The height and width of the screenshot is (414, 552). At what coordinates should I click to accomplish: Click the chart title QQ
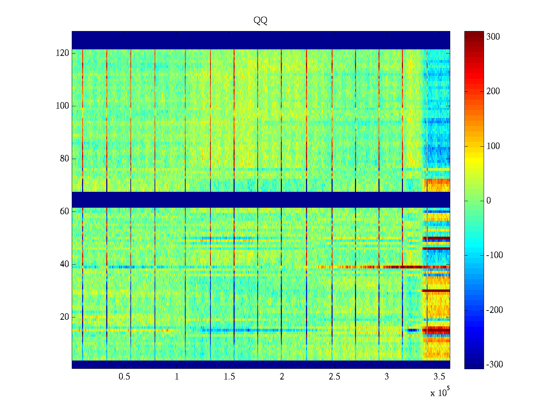tap(260, 21)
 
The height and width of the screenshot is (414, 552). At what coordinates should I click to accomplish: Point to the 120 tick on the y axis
tap(62, 53)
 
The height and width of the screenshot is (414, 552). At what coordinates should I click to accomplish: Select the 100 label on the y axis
tap(62, 106)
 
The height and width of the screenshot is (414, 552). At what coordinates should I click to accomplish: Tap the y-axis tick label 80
tap(65, 159)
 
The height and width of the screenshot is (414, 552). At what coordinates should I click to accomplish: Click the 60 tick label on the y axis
tap(65, 211)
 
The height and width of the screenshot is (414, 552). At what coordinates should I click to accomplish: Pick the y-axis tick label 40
tap(65, 264)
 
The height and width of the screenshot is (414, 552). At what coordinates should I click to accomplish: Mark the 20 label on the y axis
tap(65, 317)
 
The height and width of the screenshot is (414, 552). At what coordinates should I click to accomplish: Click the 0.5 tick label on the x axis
tap(124, 377)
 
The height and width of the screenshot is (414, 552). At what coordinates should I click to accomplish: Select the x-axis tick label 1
tap(177, 377)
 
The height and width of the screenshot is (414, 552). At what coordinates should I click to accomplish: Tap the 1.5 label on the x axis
tap(229, 377)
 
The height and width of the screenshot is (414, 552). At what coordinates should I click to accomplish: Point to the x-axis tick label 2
tap(282, 377)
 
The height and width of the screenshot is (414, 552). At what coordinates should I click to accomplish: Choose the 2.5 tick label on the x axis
tap(334, 377)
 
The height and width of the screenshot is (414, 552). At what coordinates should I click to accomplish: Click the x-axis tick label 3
tap(387, 377)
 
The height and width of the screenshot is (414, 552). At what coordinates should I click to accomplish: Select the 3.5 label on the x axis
tap(439, 377)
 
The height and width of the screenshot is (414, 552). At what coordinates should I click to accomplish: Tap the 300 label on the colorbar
tap(493, 37)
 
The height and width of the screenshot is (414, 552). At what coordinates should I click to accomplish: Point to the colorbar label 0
tap(489, 201)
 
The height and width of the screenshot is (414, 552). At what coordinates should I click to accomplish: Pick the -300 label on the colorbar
tap(494, 365)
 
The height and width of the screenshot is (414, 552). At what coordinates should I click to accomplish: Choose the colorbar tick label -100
tap(494, 255)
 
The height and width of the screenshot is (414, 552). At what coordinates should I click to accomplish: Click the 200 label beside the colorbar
tap(493, 91)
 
